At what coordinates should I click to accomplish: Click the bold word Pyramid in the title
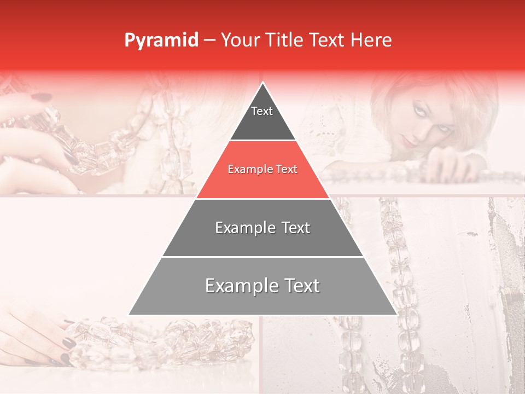tap(161, 40)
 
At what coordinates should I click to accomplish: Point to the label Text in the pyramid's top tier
tap(262, 111)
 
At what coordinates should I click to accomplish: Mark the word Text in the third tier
tap(296, 228)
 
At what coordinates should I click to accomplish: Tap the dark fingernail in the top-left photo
tap(41, 97)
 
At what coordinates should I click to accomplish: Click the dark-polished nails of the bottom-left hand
tap(68, 343)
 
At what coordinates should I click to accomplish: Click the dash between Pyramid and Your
tap(209, 40)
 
